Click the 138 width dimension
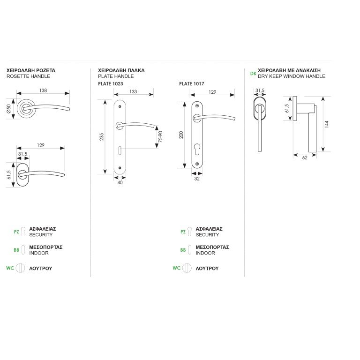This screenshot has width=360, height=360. [x=43, y=90]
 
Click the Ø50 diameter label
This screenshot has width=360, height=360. [x=9, y=109]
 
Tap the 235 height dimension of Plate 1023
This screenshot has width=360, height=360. [x=101, y=137]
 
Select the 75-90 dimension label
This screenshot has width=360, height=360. [x=160, y=137]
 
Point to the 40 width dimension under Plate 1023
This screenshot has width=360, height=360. [x=120, y=182]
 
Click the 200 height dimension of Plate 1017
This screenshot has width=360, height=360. [x=181, y=135]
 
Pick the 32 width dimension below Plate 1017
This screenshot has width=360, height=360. [x=197, y=179]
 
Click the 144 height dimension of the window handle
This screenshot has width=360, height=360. [x=326, y=124]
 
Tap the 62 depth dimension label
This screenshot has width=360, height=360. [x=305, y=157]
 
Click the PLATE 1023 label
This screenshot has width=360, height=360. [x=111, y=84]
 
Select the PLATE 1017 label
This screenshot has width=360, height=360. [x=191, y=84]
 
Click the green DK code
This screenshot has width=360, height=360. [x=253, y=74]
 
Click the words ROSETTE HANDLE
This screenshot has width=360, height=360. [x=28, y=76]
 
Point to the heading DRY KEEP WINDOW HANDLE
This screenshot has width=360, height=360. [x=292, y=76]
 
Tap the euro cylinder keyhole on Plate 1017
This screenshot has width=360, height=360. [x=197, y=148]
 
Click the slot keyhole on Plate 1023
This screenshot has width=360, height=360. [x=120, y=150]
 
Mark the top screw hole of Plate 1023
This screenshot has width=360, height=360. [x=120, y=106]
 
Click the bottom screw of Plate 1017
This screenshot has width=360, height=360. [x=197, y=164]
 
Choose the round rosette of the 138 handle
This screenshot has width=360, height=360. [x=27, y=109]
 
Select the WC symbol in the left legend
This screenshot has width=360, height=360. [x=20, y=268]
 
